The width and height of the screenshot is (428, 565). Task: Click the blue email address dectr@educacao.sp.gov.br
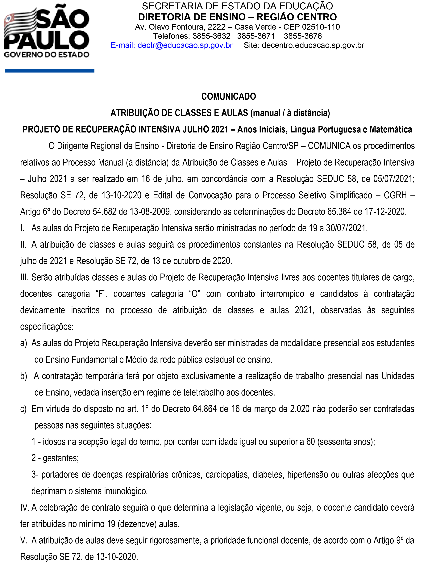[x=185, y=45]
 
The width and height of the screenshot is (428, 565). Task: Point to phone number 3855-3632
[x=211, y=36]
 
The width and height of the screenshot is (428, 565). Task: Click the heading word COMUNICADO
[x=229, y=97]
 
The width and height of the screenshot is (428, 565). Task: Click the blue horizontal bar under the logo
[x=50, y=71]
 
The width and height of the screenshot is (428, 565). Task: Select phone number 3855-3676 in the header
[x=303, y=36]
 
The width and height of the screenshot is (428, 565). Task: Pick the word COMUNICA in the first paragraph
[x=329, y=146]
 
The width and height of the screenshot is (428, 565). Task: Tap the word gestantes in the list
[x=60, y=458]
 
